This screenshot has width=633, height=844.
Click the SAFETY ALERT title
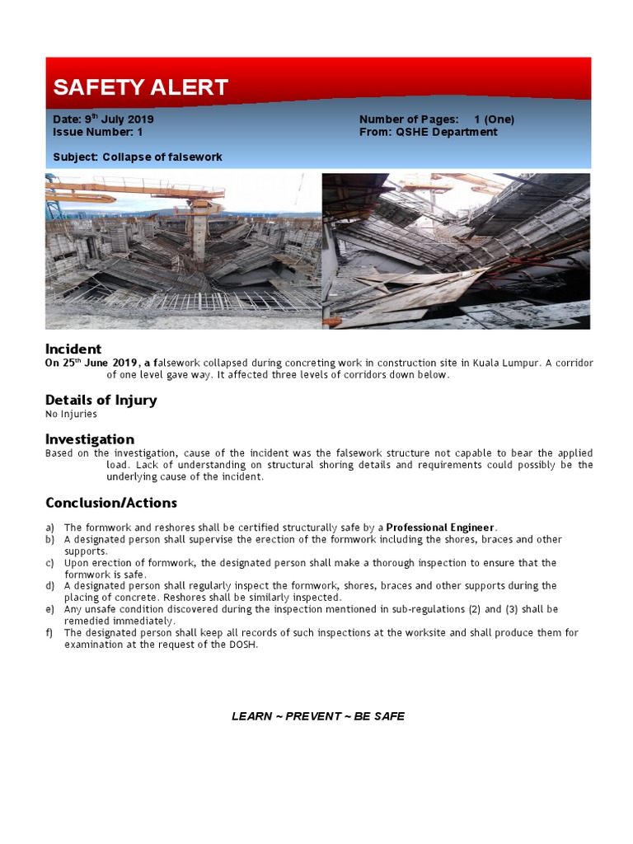pos(140,87)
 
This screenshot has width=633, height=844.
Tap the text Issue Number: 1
pos(97,132)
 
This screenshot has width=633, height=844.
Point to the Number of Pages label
pos(409,119)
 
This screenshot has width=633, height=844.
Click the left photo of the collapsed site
pos(182,251)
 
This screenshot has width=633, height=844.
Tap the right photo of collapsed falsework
pos(455,251)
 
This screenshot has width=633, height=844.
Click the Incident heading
pos(73,349)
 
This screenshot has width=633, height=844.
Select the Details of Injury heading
pos(101,400)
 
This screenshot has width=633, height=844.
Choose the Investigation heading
pos(89,439)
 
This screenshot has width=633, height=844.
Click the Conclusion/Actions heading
pos(110,503)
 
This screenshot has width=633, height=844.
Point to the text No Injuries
pos(71,414)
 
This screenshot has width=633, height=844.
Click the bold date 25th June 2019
pos(90,363)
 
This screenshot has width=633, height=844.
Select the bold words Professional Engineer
pos(441,527)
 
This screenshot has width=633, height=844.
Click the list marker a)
pos(50,527)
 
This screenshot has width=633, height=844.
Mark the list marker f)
pos(49,633)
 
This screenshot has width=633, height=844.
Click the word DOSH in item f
pos(245,645)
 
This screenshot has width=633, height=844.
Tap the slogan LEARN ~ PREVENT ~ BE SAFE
pos(317,716)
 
